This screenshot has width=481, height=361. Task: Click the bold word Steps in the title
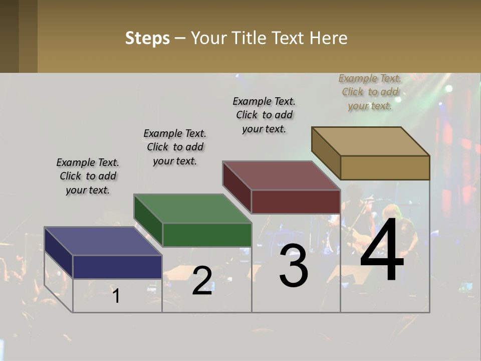[147, 38]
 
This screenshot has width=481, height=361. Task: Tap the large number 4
[382, 250]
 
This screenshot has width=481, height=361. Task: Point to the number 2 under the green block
[202, 281]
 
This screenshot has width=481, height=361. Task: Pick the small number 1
[116, 296]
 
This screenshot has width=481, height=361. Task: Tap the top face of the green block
[192, 209]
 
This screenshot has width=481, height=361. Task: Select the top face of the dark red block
[281, 175]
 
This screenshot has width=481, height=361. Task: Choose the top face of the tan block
[371, 141]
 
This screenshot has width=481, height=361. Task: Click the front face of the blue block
[117, 267]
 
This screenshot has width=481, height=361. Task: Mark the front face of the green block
[207, 235]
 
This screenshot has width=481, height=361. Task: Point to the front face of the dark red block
[296, 202]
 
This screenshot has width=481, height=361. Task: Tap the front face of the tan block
[385, 167]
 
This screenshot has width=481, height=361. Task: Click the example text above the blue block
[88, 176]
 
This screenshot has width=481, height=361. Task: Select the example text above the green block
[175, 147]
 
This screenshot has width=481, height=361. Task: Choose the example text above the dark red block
[264, 115]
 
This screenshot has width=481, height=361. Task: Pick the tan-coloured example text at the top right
[370, 92]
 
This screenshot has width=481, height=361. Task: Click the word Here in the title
[329, 38]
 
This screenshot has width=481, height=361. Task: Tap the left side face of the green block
[148, 221]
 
